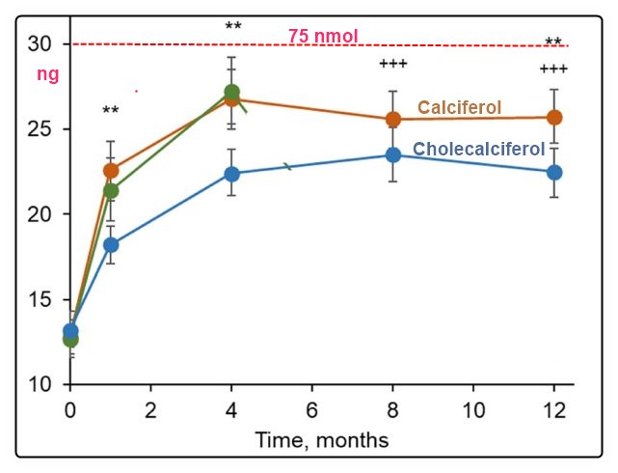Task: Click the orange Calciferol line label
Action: coord(459,107)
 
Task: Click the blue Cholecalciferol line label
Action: coord(479,149)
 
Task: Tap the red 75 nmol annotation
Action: coord(323,37)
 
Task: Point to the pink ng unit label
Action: coord(47,72)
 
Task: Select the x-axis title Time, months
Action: coord(321,440)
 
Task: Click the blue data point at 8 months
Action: coord(393,154)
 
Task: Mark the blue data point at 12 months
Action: coord(554,172)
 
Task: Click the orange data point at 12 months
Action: coord(554,117)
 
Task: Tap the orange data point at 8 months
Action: coord(393,120)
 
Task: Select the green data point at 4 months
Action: coord(231,93)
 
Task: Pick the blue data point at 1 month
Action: coord(111,244)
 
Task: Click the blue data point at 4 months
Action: coord(231,174)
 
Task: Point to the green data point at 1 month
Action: coord(111,190)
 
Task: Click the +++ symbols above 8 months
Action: coord(392,64)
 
